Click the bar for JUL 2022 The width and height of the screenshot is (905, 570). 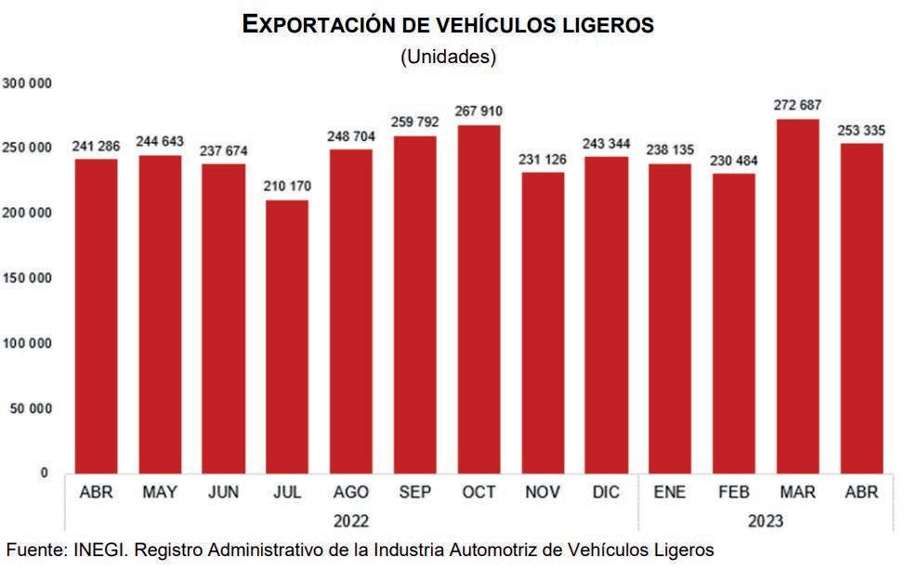click(286, 336)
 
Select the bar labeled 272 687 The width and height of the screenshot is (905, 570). click(797, 297)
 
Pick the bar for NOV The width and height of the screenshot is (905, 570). click(543, 322)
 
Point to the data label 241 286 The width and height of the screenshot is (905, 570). click(96, 147)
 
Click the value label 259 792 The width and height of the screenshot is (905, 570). click(414, 124)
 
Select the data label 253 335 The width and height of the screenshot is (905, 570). click(861, 131)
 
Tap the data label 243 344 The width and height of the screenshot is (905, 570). click(606, 145)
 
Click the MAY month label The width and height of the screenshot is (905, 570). click(160, 492)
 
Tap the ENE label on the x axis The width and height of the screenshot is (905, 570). click(670, 492)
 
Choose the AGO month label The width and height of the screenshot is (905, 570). click(350, 492)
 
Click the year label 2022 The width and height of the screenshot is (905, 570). click(350, 520)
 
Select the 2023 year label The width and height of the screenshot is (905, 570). click(765, 520)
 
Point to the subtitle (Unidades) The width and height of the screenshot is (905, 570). click(449, 58)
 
